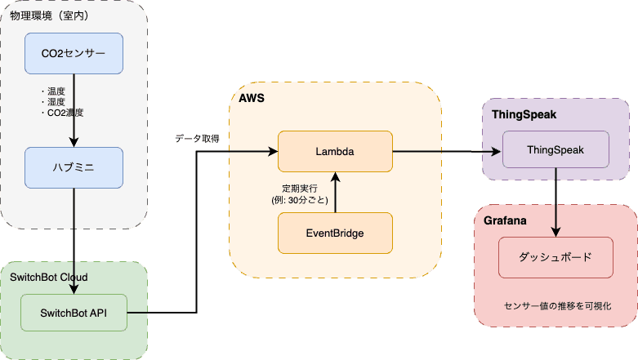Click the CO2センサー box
(74, 54)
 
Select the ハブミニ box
(74, 168)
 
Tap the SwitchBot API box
(74, 312)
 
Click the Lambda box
(335, 151)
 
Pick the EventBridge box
(335, 233)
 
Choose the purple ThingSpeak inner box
(555, 151)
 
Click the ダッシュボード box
(555, 257)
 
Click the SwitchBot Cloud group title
(49, 277)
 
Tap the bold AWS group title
(252, 97)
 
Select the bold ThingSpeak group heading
(524, 114)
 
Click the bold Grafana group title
(505, 220)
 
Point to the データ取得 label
(197, 139)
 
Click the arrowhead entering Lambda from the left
(273, 151)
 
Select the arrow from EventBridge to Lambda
(335, 192)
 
